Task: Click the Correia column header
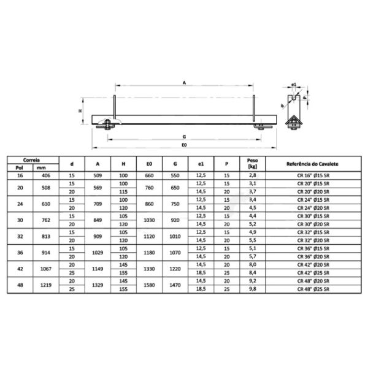pos(33,158)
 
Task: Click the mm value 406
pos(42,175)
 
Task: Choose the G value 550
pos(176,175)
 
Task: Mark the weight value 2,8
pos(251,175)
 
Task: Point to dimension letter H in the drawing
pos(80,111)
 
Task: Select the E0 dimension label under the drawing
pos(184,146)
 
